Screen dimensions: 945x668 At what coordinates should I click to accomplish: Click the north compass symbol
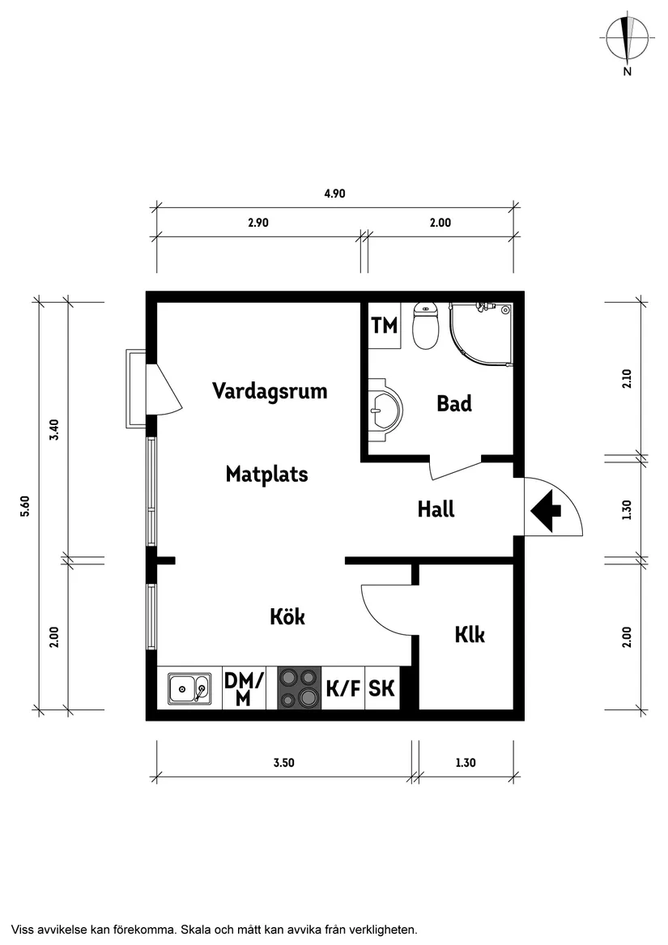(x=627, y=39)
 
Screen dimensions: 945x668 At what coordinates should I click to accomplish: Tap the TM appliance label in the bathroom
(x=385, y=326)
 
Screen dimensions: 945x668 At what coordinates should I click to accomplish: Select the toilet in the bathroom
(x=425, y=326)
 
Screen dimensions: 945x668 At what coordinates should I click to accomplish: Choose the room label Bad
(x=453, y=403)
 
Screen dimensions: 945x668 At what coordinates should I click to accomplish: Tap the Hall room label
(x=436, y=509)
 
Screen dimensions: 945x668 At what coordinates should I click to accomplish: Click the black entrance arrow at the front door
(x=547, y=510)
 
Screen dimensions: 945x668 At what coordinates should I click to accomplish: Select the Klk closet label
(x=469, y=635)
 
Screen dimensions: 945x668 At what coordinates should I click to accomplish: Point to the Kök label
(x=287, y=616)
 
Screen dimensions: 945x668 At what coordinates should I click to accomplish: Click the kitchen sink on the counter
(x=189, y=689)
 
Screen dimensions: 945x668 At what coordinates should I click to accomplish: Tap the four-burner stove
(x=299, y=688)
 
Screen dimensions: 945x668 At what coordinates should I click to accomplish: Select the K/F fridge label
(x=343, y=689)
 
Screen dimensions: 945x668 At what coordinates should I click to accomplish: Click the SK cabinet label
(x=381, y=689)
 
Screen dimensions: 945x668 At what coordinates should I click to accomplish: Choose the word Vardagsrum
(x=270, y=391)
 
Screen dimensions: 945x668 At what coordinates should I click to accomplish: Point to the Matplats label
(x=266, y=474)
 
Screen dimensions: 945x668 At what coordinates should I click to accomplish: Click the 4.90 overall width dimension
(x=334, y=194)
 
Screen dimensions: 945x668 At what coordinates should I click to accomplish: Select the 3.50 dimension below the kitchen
(x=283, y=762)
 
